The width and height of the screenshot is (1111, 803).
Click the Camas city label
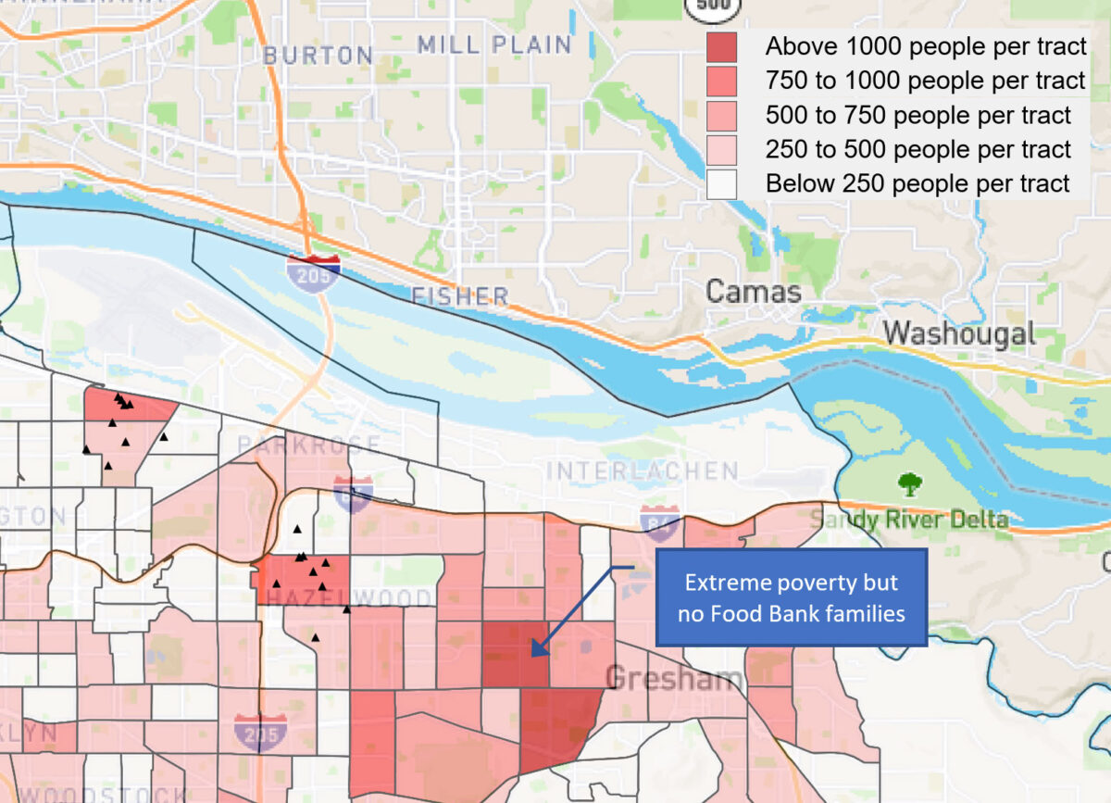pos(753,292)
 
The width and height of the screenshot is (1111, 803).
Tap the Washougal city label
pos(958,333)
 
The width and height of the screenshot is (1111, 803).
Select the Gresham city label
pos(673,679)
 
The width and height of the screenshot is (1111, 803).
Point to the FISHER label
pos(460,296)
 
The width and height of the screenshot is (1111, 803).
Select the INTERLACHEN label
pos(642,471)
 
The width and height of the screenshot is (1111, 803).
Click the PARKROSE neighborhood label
pos(308,445)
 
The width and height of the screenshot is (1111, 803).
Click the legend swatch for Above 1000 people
pos(721,46)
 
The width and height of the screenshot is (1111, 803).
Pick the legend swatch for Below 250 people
pos(721,183)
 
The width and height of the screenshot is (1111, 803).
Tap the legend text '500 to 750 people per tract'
pos(918,115)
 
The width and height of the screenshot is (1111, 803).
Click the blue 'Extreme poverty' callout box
pos(791,597)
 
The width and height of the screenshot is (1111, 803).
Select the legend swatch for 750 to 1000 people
pos(721,81)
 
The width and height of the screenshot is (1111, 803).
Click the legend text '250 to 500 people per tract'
pos(918,149)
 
